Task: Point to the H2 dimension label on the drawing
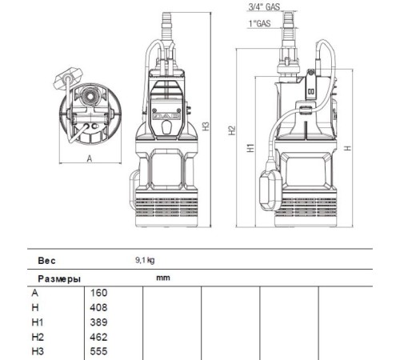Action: [x=230, y=130]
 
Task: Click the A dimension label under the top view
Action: [x=89, y=158]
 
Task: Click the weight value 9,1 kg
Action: [x=145, y=261]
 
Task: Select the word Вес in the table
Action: [x=46, y=261]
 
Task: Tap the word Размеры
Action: [x=56, y=279]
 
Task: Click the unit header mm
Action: [x=164, y=278]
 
